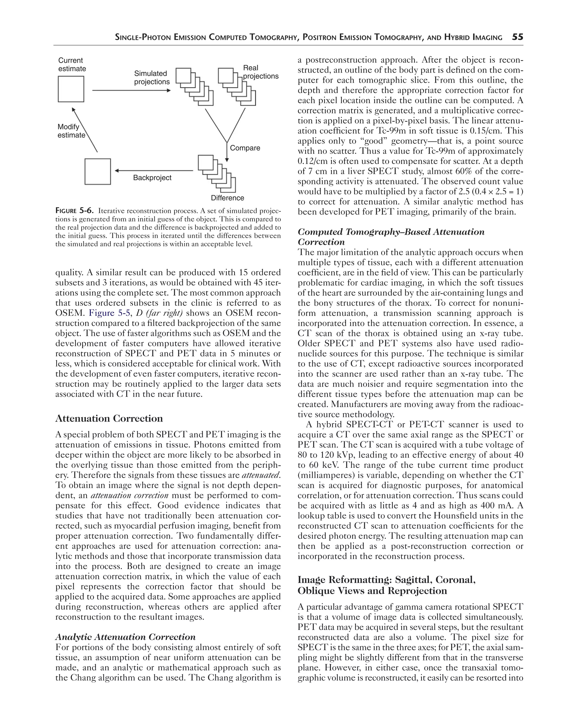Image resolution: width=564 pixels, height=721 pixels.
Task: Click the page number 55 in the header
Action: coord(517,37)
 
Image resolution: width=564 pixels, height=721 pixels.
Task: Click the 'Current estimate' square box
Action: coord(71,89)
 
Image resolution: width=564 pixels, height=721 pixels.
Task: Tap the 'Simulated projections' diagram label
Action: coord(152,78)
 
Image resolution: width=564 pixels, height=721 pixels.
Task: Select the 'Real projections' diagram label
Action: coord(260,72)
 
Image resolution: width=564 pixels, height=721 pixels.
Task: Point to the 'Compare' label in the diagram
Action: coord(245,148)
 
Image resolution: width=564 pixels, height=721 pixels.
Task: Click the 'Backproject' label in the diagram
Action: coord(152,177)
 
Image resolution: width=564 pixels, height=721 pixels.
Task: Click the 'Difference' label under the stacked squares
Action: coord(227,198)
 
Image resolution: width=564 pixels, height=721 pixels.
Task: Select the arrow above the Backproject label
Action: coord(154,171)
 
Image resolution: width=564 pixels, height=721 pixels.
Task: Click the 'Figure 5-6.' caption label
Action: coord(74,211)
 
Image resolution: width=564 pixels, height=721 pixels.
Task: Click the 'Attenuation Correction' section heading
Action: coord(109,419)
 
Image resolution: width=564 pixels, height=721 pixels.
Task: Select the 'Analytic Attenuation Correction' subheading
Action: coord(125,637)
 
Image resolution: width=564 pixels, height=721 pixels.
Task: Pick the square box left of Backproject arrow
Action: coord(98,172)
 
